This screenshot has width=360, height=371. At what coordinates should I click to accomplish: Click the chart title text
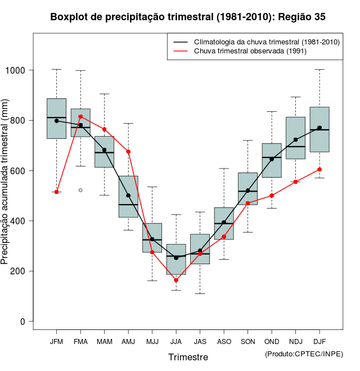point(188,17)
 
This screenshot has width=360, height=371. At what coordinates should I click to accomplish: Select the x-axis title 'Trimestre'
point(188,357)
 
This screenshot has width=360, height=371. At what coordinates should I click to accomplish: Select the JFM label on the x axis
point(56,341)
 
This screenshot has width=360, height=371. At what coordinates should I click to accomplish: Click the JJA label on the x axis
point(176,341)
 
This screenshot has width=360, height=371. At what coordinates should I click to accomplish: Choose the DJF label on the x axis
point(319,341)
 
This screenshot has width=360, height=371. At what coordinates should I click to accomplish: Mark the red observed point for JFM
point(57,192)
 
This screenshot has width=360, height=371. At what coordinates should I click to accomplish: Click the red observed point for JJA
point(176,280)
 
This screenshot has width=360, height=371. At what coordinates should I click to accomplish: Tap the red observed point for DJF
point(319,169)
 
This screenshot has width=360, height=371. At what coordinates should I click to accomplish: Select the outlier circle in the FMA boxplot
point(80,190)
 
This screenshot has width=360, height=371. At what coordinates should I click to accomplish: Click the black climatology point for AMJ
point(128,196)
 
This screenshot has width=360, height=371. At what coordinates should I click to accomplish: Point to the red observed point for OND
point(272,196)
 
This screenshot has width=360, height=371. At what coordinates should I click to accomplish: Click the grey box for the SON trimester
point(247,188)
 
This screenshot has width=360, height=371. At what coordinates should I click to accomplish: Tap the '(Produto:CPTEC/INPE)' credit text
point(304,354)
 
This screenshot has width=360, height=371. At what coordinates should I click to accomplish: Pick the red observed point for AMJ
point(128,152)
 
